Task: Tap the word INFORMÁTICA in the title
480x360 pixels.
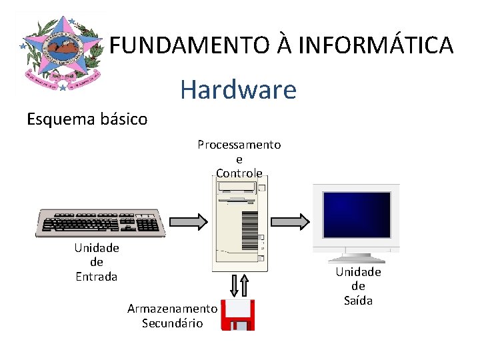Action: pyautogui.click(x=376, y=45)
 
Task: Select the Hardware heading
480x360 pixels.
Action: pyautogui.click(x=238, y=89)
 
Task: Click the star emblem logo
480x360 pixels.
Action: pyautogui.click(x=59, y=53)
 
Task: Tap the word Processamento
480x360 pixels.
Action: pyautogui.click(x=239, y=145)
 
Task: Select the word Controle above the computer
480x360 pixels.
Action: pyautogui.click(x=239, y=173)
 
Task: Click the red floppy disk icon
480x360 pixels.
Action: pyautogui.click(x=239, y=315)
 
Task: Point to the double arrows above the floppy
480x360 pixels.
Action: pyautogui.click(x=239, y=285)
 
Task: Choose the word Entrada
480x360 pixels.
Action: pyautogui.click(x=96, y=276)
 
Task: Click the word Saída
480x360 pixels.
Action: pyautogui.click(x=358, y=301)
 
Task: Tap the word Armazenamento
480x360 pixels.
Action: pyautogui.click(x=172, y=309)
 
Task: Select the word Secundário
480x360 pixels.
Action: pyautogui.click(x=172, y=323)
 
